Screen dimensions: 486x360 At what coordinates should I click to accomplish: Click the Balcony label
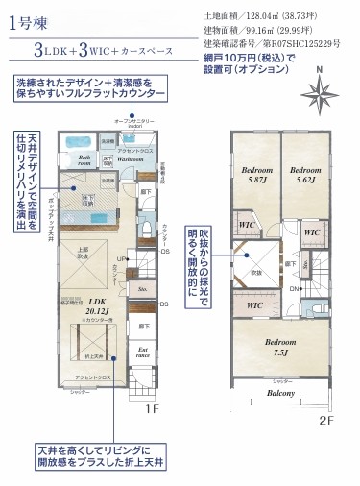click(281, 393)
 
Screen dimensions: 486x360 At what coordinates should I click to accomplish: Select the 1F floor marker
click(153, 407)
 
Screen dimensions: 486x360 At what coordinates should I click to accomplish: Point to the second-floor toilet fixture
click(324, 301)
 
